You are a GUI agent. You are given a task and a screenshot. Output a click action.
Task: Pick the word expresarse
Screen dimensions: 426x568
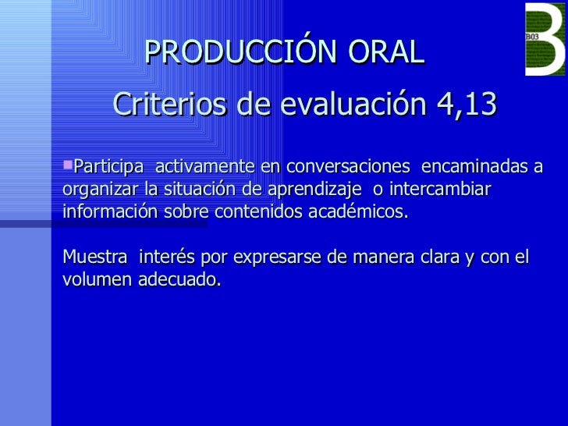[x=268, y=256]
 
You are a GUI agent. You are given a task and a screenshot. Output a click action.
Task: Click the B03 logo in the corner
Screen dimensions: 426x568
[x=545, y=39]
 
